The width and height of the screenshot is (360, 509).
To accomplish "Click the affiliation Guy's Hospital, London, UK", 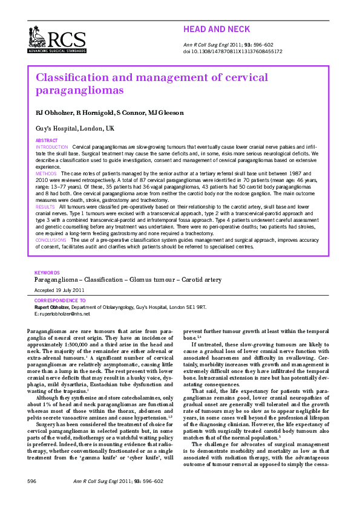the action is (74, 129).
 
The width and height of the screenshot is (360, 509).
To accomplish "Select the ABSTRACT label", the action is (47, 140).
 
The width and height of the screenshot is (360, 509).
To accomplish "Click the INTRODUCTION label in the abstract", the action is (52, 147).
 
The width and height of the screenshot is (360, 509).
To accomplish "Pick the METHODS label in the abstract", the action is (47, 173).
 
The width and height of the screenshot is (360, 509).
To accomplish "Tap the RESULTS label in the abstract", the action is (45, 207).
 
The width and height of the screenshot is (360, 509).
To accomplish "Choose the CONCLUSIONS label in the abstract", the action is (51, 240).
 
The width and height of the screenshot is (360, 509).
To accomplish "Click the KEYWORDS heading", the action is (47, 273).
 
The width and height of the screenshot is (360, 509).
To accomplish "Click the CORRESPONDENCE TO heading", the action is (60, 300).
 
